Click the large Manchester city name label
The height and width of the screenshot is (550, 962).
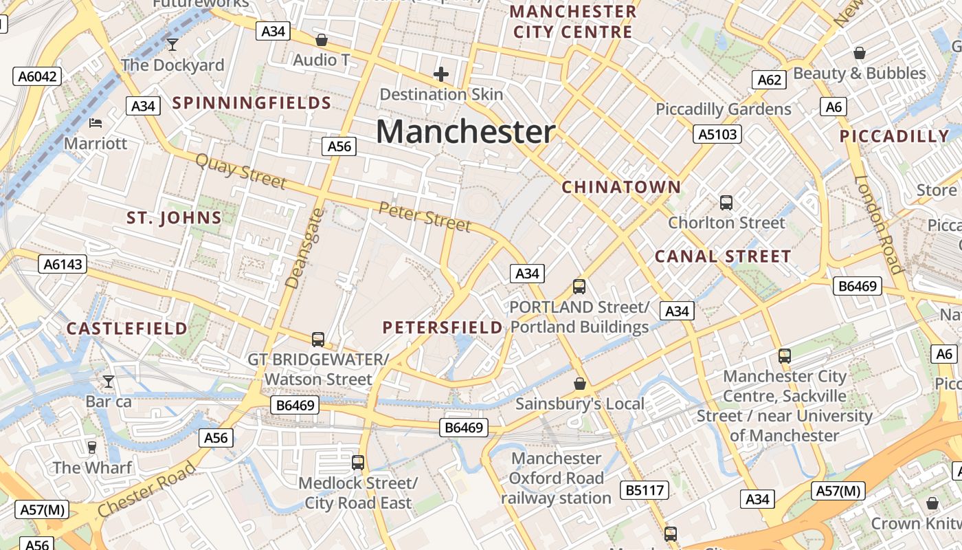465,131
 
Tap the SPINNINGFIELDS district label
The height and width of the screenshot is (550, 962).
251,103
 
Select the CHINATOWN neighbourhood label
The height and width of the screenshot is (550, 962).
621,187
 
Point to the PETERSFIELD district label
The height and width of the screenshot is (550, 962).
443,327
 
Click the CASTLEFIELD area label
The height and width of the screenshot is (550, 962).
126,329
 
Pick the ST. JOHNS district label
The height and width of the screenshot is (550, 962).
174,219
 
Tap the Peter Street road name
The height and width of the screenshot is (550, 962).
425,217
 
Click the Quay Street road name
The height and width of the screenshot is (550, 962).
240,170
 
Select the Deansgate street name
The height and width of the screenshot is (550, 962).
303,248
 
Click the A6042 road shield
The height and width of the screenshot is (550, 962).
37,76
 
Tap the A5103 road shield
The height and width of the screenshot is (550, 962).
717,134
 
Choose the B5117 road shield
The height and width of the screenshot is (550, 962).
645,490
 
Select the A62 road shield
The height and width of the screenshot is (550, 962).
769,80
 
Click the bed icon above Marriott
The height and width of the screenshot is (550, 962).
96,123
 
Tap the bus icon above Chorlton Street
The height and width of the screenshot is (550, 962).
726,202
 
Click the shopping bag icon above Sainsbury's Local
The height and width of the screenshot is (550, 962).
580,384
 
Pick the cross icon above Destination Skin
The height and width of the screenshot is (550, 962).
441,74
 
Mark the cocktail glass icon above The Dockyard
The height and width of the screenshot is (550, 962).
172,45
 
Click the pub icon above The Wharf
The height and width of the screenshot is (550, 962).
92,448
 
